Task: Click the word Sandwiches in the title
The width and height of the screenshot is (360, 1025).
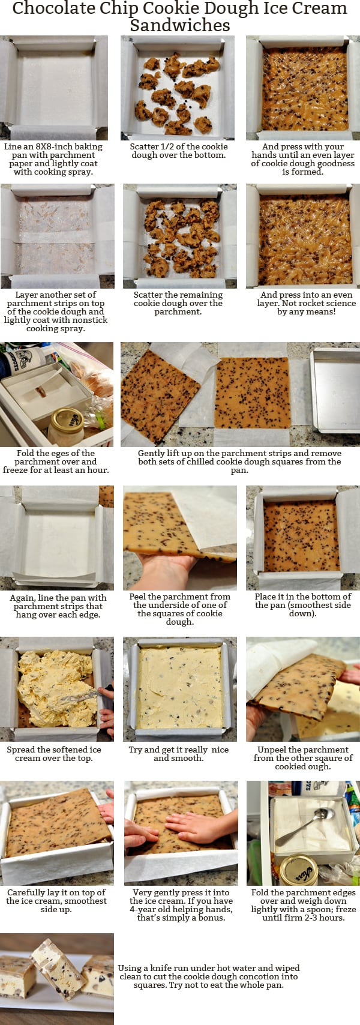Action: coord(179,25)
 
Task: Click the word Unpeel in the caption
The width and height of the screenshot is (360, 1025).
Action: coord(273,750)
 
